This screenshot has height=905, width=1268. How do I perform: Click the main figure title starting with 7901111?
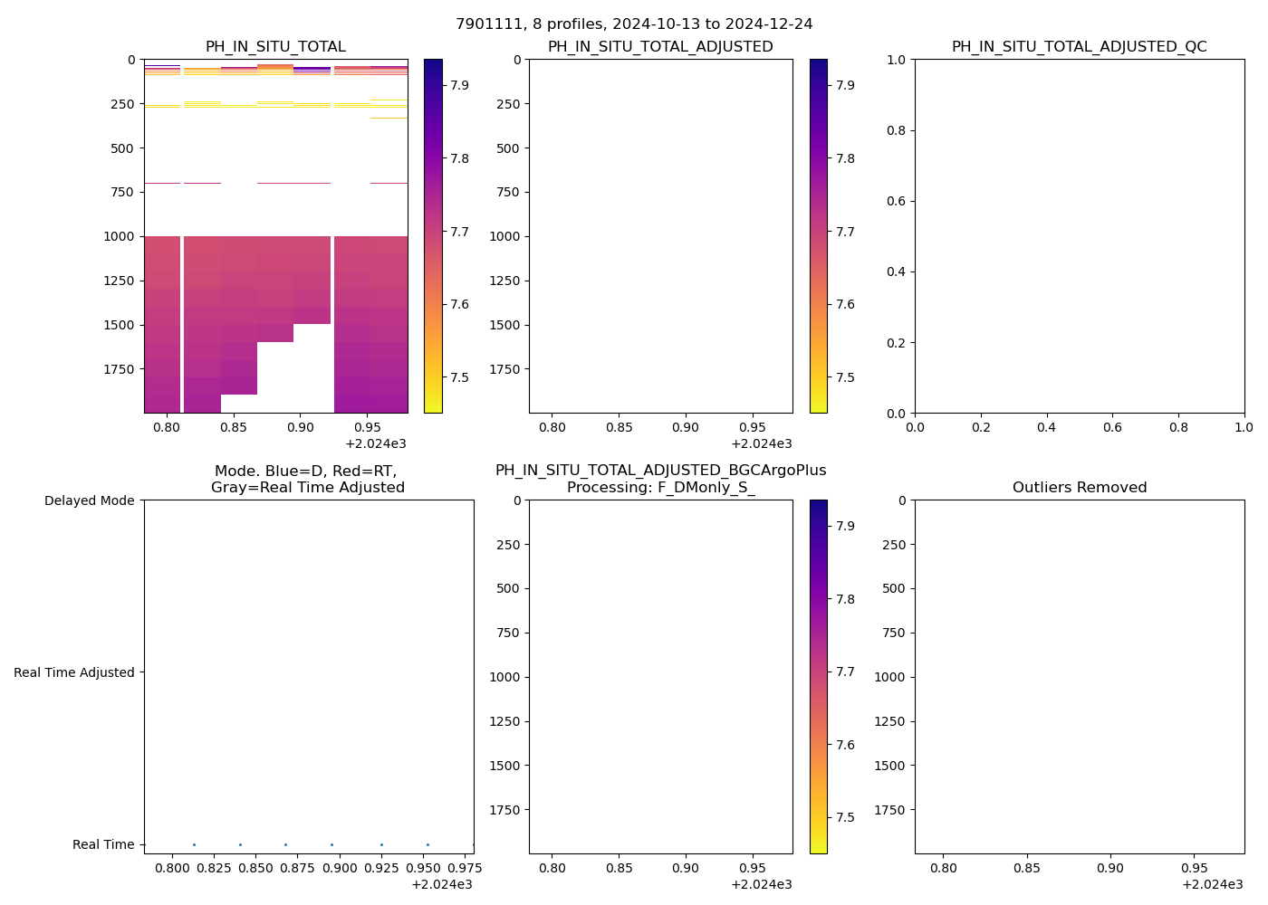(634, 24)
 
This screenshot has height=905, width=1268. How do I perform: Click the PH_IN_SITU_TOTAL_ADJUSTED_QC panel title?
(1079, 47)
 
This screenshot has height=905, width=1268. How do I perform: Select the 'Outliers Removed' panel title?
(1079, 488)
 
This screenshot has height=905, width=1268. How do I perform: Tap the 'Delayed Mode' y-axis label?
(89, 500)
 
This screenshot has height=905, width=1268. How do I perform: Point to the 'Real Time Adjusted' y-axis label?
(74, 672)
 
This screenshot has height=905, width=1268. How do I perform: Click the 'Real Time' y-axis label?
(103, 844)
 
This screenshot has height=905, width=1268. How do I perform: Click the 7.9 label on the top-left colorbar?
(460, 85)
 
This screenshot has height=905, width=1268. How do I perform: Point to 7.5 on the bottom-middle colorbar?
(846, 817)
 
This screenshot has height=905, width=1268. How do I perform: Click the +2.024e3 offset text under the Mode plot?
(441, 884)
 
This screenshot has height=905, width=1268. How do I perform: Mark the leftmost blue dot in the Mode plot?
(194, 844)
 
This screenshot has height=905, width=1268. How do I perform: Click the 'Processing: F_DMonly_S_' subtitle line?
(660, 488)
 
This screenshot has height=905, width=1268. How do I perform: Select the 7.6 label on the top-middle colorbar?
(846, 304)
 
